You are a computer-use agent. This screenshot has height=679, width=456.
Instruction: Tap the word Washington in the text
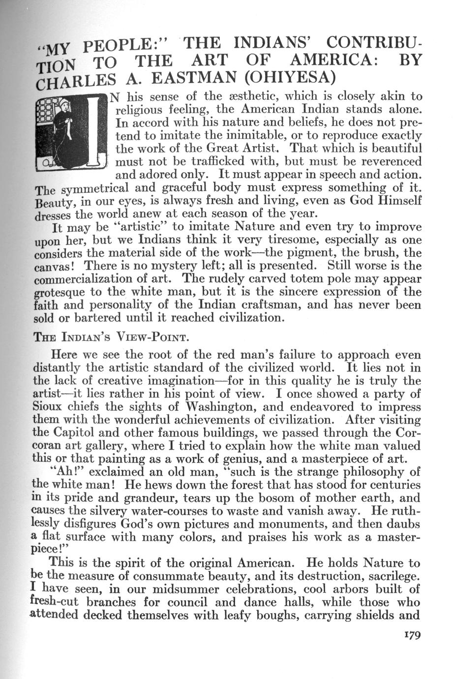(x=229, y=407)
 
